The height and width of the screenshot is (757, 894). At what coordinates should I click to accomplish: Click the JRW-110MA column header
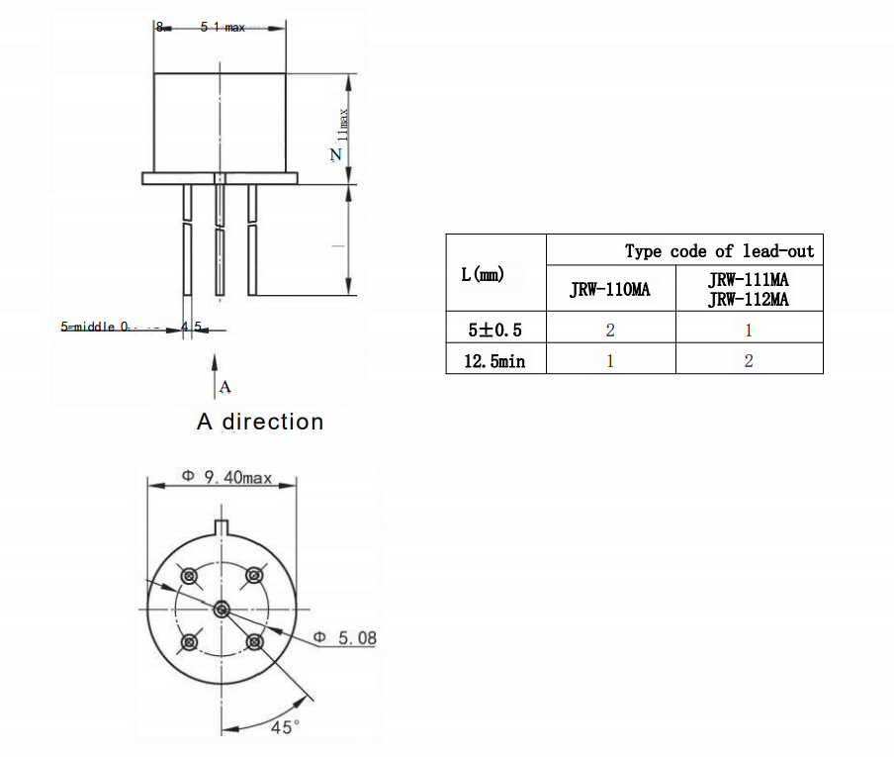(610, 290)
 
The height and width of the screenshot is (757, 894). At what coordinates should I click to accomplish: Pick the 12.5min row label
(494, 361)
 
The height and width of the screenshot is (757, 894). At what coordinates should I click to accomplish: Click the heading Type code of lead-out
(719, 251)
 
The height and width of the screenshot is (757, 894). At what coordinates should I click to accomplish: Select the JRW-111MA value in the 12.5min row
(749, 361)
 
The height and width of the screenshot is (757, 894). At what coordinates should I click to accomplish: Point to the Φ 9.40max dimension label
(226, 477)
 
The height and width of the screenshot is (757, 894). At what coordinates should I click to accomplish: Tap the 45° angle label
(285, 727)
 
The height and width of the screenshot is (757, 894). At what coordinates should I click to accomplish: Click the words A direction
(260, 422)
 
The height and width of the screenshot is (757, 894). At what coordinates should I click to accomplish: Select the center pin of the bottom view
(221, 609)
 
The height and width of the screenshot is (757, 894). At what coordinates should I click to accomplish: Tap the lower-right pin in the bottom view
(254, 641)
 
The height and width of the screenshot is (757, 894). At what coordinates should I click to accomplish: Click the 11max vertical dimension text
(343, 127)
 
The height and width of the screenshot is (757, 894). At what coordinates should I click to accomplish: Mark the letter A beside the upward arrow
(224, 386)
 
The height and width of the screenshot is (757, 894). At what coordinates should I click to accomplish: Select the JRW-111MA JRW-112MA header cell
(749, 290)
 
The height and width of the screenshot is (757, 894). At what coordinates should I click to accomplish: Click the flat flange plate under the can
(220, 178)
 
